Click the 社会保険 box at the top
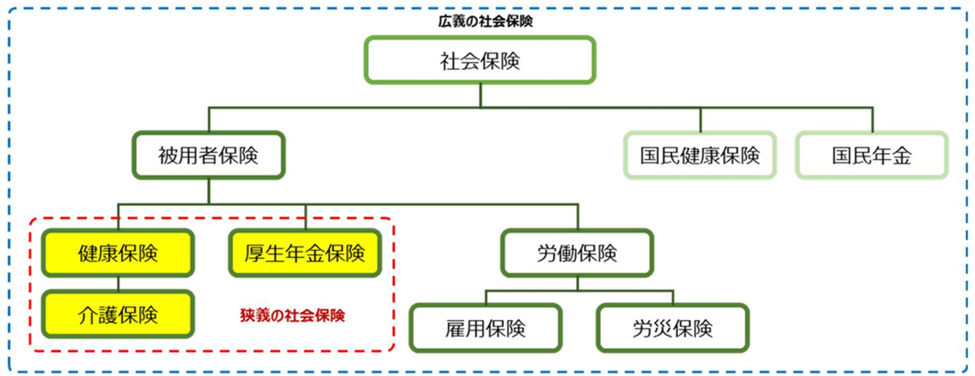pos(480,60)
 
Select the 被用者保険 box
pos(207,155)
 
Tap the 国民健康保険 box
pos(700,155)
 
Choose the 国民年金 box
pos(871,155)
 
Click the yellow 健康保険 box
pos(117,253)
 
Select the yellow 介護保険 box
pos(117,315)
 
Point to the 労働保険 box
pos(577,253)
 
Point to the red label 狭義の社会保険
pos(292,316)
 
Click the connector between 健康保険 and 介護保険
pos(117,284)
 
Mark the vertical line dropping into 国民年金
pos(872,120)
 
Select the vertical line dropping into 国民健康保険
pos(700,120)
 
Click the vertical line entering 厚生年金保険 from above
pos(306,217)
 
